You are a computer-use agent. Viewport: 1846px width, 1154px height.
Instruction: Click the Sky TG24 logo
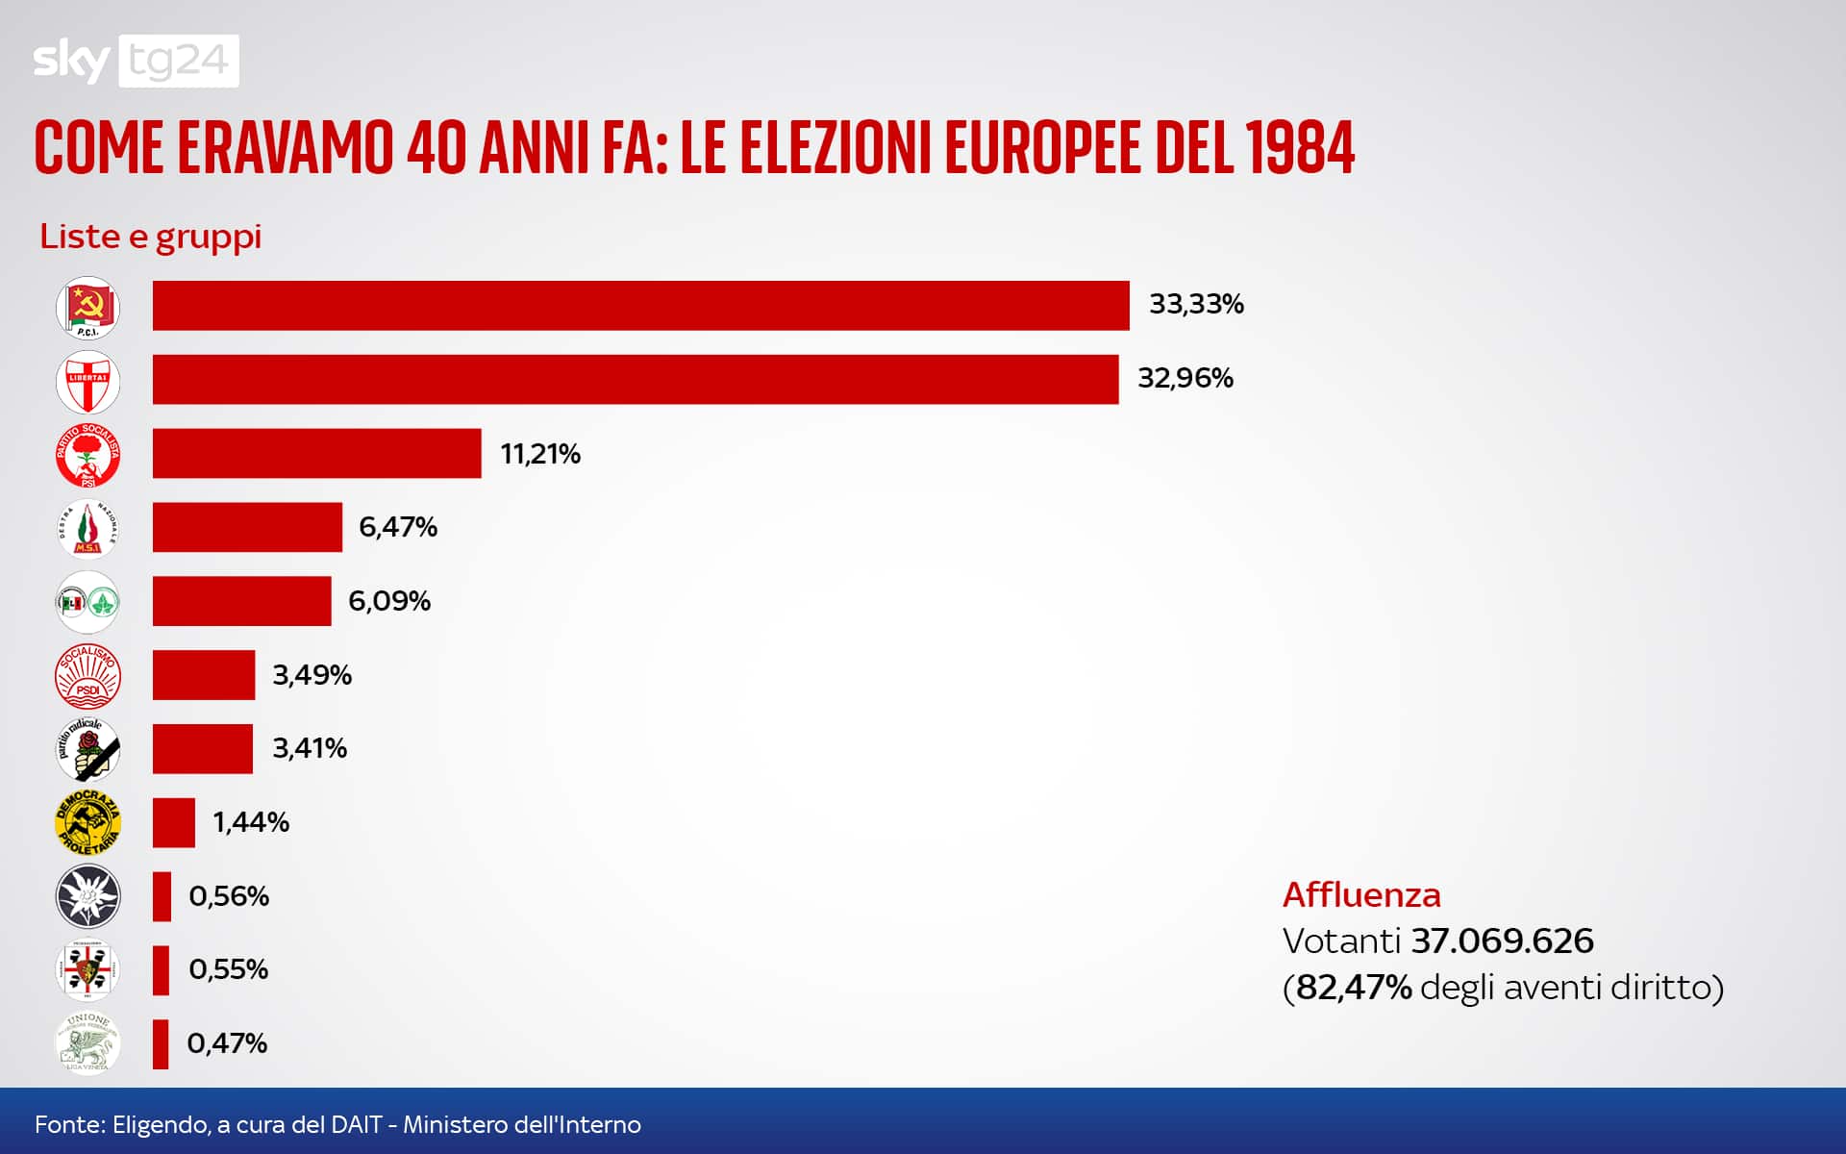[136, 61]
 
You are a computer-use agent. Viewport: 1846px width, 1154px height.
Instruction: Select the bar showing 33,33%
[640, 306]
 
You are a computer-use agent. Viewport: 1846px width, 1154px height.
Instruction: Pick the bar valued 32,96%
[635, 379]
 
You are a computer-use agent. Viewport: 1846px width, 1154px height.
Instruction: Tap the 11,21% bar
[316, 453]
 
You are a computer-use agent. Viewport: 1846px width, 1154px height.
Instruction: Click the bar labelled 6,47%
[247, 527]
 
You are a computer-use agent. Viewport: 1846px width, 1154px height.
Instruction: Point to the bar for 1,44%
[173, 822]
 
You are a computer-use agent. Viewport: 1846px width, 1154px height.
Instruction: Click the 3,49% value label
[312, 675]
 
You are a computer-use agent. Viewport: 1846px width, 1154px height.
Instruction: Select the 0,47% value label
[227, 1043]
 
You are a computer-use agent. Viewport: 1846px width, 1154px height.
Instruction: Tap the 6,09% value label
[388, 601]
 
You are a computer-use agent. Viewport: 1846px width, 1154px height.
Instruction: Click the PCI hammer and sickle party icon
[87, 308]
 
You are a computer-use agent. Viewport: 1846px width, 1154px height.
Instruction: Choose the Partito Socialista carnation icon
[87, 455]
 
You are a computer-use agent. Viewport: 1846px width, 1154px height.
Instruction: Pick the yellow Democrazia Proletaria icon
[87, 822]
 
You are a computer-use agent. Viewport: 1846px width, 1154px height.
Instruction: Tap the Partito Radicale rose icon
[87, 749]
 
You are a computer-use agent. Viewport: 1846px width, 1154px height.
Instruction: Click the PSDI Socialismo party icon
[87, 675]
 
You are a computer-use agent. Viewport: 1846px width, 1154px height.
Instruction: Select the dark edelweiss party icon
[87, 896]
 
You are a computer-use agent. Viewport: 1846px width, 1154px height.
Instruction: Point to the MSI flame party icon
[87, 528]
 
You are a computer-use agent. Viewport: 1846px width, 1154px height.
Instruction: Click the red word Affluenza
[1361, 895]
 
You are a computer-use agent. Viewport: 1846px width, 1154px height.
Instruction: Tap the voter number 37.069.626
[1502, 941]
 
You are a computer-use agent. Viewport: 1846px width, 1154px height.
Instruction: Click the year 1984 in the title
[1299, 149]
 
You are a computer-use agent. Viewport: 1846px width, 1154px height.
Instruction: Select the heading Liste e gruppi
[150, 237]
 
